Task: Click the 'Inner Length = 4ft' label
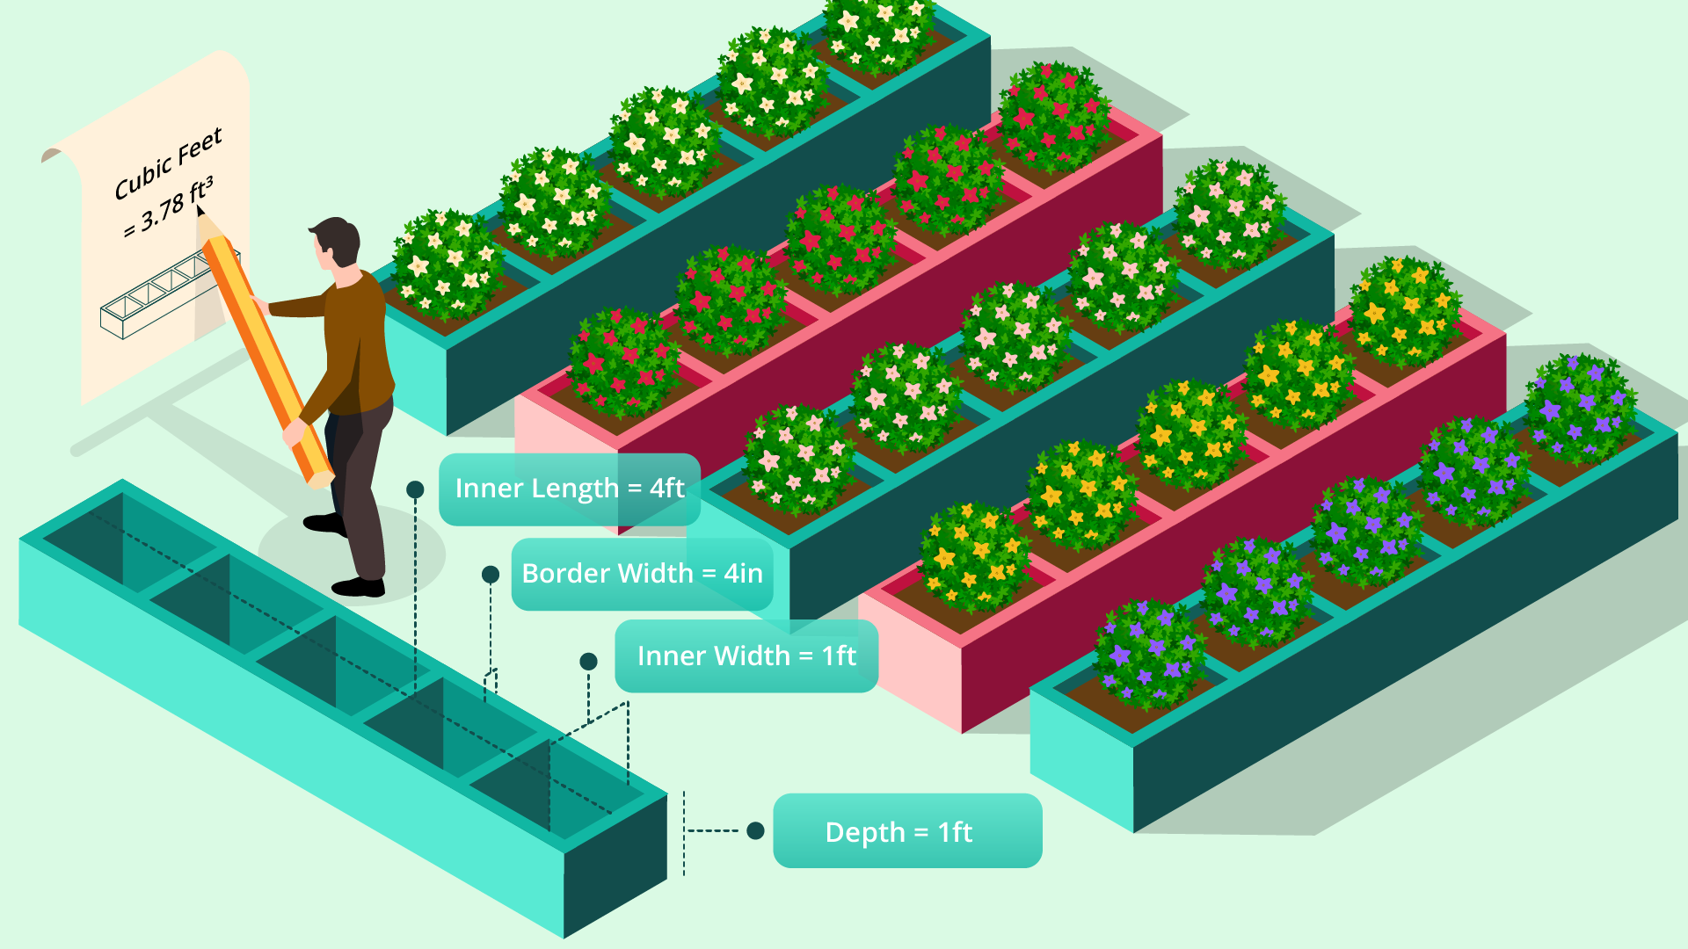pyautogui.click(x=569, y=489)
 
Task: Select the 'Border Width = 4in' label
pyautogui.click(x=642, y=574)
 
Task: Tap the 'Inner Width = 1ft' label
pyautogui.click(x=746, y=656)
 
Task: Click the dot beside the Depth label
pyautogui.click(x=755, y=830)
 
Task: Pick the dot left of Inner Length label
pyautogui.click(x=415, y=489)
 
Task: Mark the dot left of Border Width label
pyautogui.click(x=491, y=575)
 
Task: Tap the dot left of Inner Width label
pyautogui.click(x=589, y=661)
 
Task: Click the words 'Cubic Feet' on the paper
pyautogui.click(x=168, y=163)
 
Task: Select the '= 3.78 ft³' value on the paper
pyautogui.click(x=168, y=207)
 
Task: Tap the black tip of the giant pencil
pyautogui.click(x=200, y=211)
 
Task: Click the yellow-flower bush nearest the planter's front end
pyautogui.click(x=974, y=555)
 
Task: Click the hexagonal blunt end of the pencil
pyautogui.click(x=320, y=479)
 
